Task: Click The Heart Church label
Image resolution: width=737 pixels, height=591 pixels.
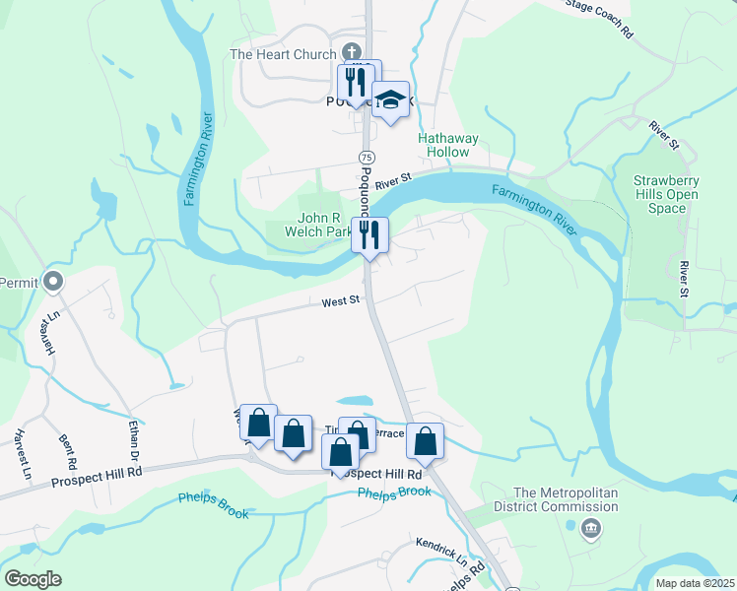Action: point(283,54)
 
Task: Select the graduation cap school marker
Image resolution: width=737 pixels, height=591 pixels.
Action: point(391,99)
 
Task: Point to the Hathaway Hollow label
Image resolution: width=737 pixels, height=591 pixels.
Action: point(447,146)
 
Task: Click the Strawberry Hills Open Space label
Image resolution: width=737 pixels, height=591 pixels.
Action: point(666,195)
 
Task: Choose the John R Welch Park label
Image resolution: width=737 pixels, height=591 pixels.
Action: point(325,226)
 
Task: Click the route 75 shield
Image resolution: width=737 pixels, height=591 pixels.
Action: point(366,158)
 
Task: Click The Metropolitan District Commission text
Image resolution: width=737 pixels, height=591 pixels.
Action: point(567,499)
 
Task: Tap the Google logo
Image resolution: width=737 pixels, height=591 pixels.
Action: point(33,579)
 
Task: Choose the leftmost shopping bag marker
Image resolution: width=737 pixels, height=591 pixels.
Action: point(258,424)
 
